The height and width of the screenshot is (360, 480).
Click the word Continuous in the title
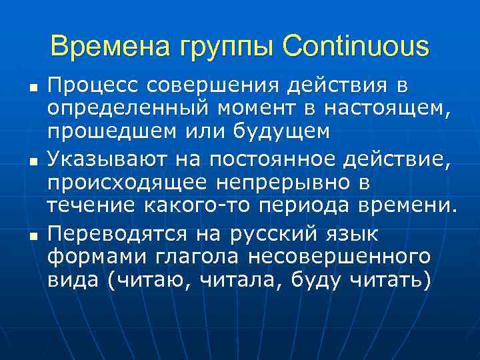point(356,47)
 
